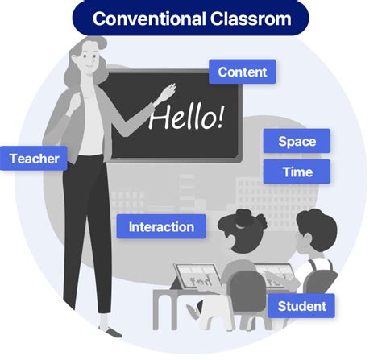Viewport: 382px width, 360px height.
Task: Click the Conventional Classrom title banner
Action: click(190, 18)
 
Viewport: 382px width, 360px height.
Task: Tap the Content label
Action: click(243, 72)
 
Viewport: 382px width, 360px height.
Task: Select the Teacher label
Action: click(35, 159)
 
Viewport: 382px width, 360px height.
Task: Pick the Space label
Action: click(297, 142)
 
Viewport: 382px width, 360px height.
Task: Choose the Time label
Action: click(297, 172)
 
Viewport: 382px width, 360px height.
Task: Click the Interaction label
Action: click(161, 226)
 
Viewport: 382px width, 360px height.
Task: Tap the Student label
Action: click(301, 306)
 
